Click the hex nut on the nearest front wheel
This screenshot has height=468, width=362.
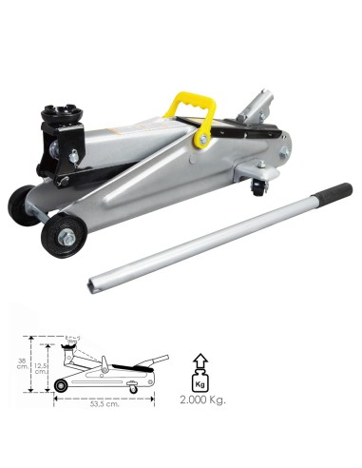tap(67, 237)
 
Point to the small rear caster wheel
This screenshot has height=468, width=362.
tap(259, 189)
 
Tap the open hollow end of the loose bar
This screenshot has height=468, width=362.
tap(91, 287)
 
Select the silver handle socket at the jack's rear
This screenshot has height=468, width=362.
tap(256, 107)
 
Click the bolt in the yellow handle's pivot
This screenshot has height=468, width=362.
tap(203, 139)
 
